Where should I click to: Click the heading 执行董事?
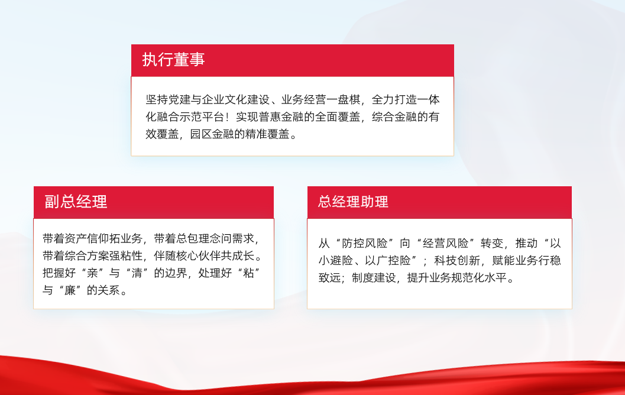tap(173, 60)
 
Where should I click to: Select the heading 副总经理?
tap(76, 202)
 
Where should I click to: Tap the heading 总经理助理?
tap(353, 202)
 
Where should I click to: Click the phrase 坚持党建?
tap(168, 99)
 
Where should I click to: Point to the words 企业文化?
tap(225, 99)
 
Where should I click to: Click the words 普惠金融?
tap(281, 117)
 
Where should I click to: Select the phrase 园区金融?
tap(212, 134)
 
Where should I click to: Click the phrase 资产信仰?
tap(87, 238)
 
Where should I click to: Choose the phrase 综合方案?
tap(87, 255)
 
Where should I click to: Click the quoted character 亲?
tap(92, 273)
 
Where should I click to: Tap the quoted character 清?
tap(137, 273)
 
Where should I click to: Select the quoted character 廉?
tap(70, 290)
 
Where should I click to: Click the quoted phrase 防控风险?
tap(364, 243)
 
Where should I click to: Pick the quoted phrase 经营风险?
tap(445, 243)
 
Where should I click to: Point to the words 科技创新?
tap(457, 261)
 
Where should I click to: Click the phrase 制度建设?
tap(375, 278)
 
